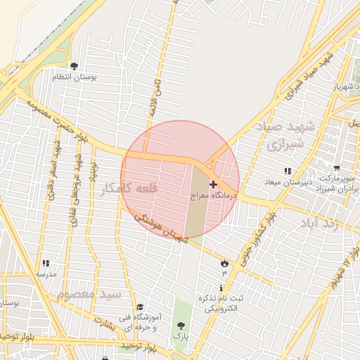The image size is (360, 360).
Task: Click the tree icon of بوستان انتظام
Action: (x=75, y=67)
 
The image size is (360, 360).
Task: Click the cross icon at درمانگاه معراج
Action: (x=213, y=184)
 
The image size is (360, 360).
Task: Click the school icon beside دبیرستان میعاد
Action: (x=287, y=171)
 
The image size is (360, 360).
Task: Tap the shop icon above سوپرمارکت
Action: (x=337, y=169)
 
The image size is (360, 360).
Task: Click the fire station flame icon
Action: (x=224, y=264)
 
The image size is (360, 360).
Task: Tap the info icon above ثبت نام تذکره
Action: (x=222, y=288)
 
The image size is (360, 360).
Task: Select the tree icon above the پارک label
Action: (x=181, y=326)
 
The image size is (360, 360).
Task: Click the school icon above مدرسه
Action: (x=46, y=263)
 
